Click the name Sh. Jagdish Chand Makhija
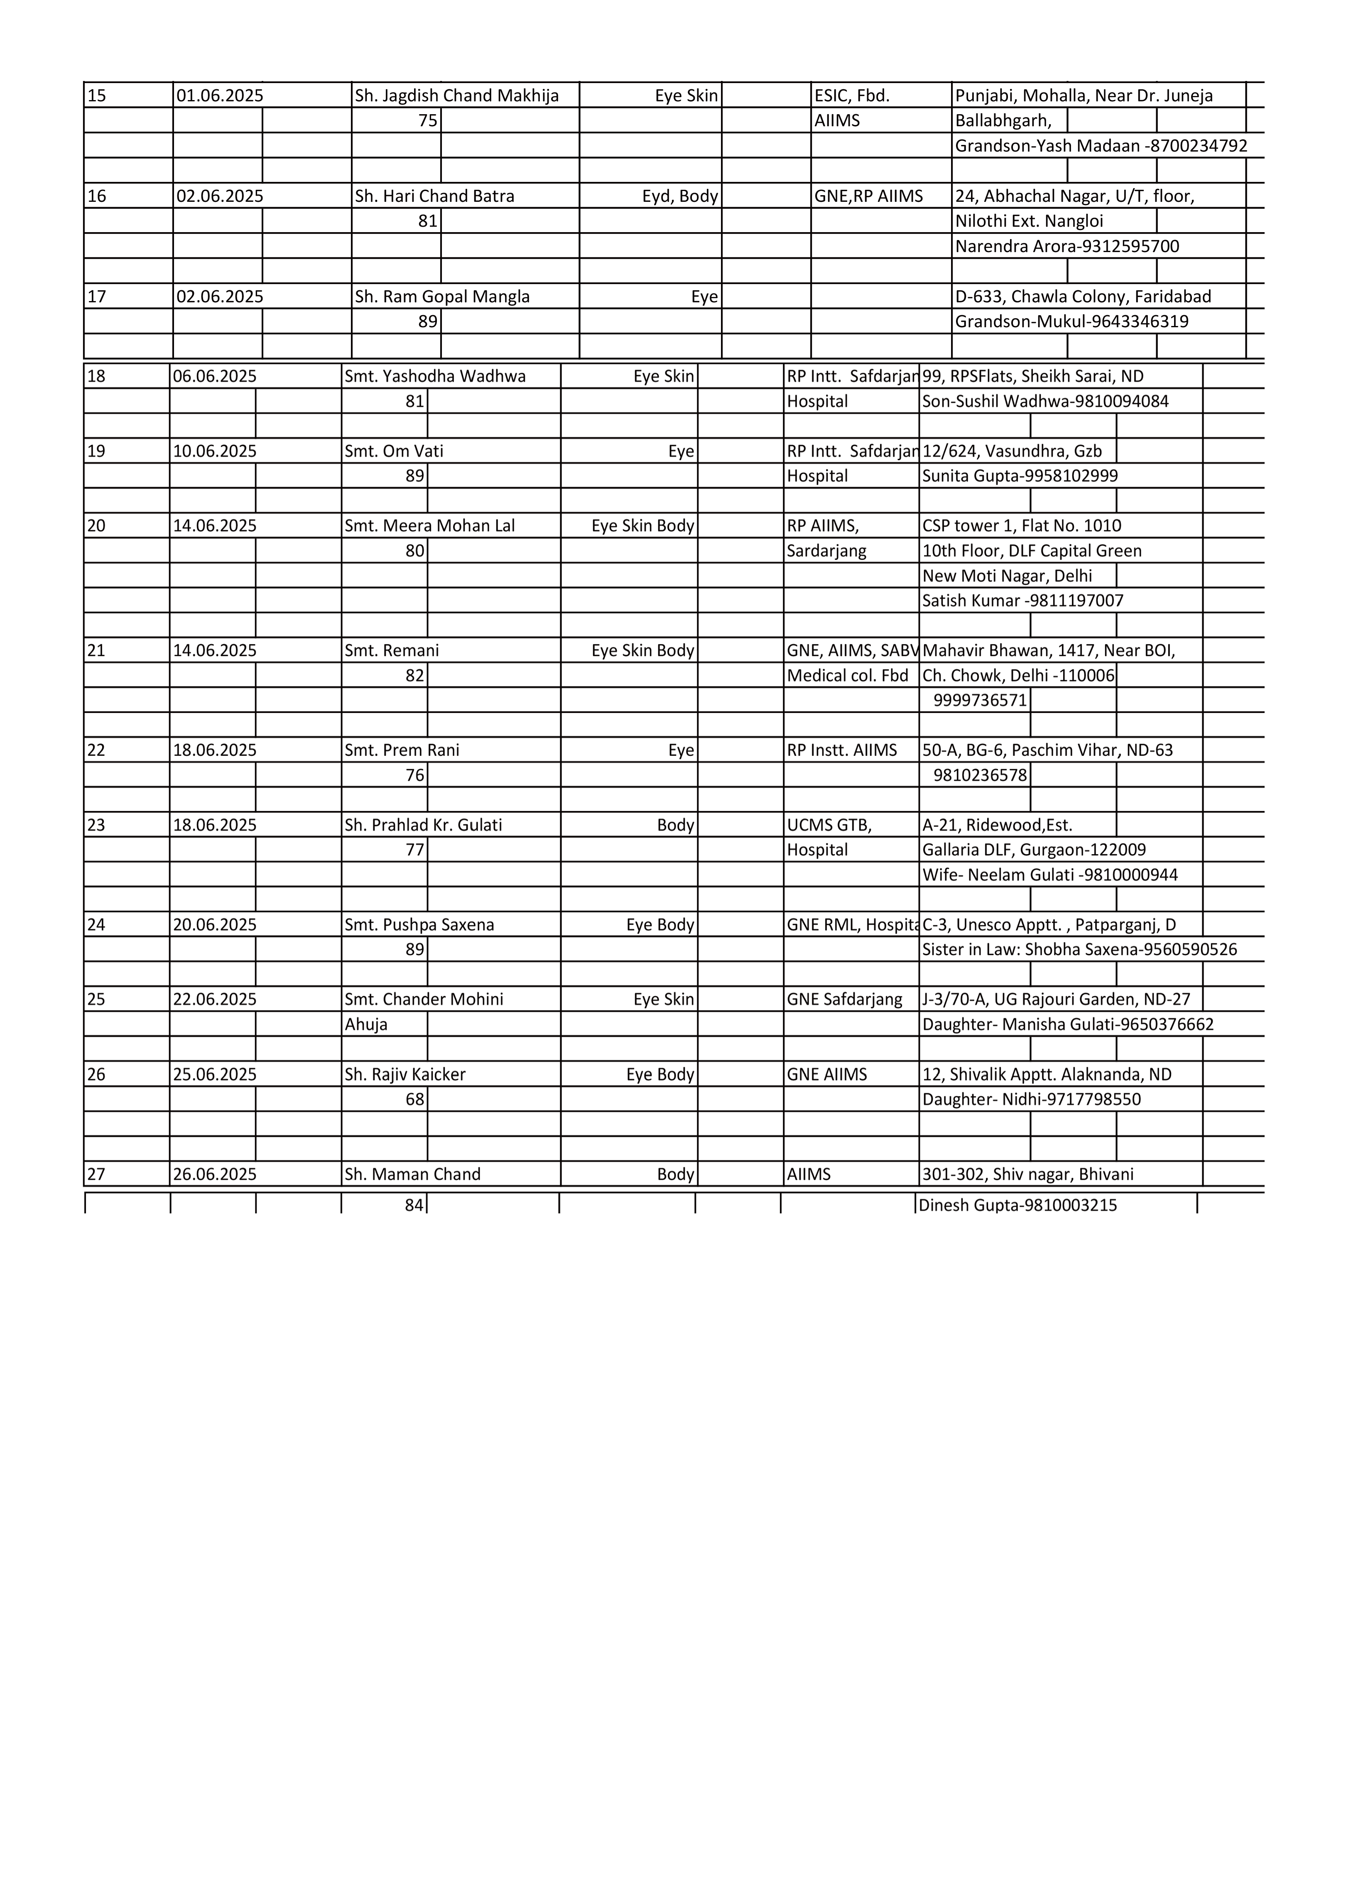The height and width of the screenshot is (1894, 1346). (457, 95)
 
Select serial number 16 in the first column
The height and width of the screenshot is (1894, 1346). (97, 196)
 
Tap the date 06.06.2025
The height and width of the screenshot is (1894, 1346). (215, 376)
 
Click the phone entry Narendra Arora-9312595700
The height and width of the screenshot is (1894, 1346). (1067, 246)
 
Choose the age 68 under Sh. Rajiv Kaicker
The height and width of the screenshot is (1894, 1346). (414, 1100)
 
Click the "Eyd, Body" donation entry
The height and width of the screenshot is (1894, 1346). (679, 196)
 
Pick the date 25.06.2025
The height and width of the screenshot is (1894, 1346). (215, 1075)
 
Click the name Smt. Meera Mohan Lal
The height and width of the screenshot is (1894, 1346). (429, 526)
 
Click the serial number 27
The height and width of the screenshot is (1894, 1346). (96, 1174)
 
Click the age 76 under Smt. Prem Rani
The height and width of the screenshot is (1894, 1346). (414, 775)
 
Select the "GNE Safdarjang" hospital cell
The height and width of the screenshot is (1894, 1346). (844, 999)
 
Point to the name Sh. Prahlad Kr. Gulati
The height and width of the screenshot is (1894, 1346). (423, 825)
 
